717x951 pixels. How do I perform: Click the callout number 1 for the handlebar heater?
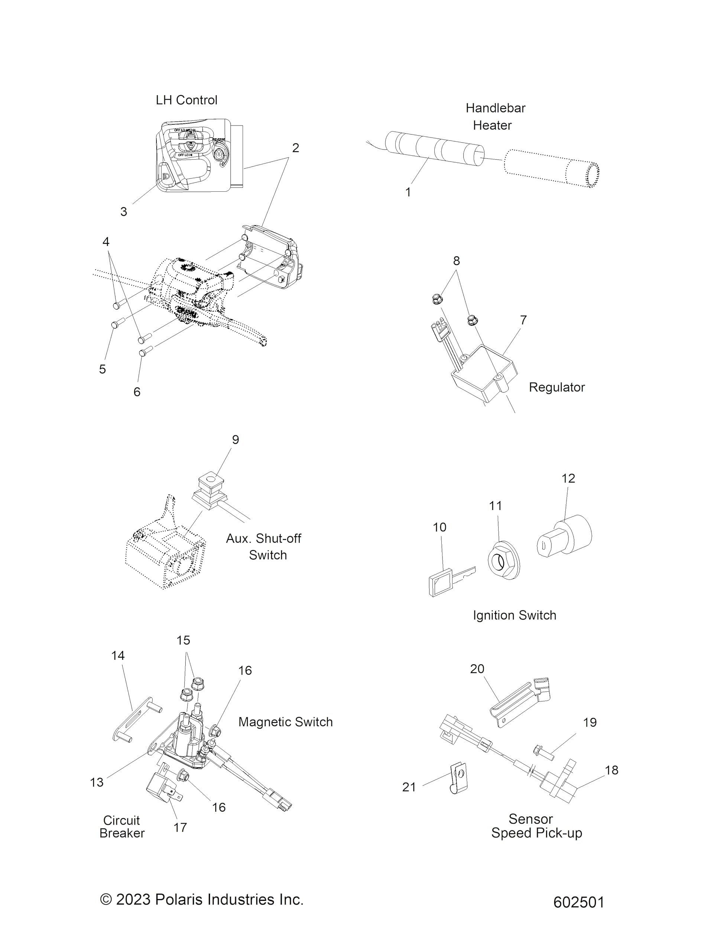pos(408,192)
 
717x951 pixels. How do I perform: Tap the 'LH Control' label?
pos(186,100)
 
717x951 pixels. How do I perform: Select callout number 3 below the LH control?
pos(123,211)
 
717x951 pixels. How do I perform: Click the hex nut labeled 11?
pos(503,559)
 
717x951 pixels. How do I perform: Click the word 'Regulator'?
pos(556,387)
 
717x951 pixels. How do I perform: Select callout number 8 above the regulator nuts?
pos(456,260)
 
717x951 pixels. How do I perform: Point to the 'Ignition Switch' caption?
pos(514,615)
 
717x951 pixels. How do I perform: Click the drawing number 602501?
pos(578,902)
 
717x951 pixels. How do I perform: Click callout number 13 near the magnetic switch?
pos(97,782)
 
